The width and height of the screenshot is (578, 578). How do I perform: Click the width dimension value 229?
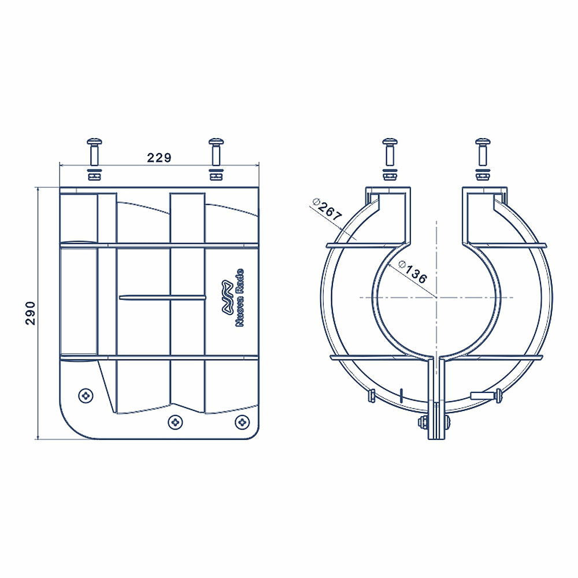(x=160, y=158)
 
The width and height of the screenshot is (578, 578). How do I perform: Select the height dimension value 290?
(x=30, y=313)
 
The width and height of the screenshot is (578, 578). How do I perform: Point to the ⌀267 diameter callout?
(x=327, y=210)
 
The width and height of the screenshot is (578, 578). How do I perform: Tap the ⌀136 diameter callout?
(x=413, y=273)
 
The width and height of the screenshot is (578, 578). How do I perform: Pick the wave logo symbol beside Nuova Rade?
(x=227, y=298)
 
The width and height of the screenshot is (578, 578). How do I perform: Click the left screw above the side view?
(x=94, y=152)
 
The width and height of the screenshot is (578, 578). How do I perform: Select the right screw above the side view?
(x=216, y=152)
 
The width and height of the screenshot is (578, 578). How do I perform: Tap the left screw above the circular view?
(x=390, y=152)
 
